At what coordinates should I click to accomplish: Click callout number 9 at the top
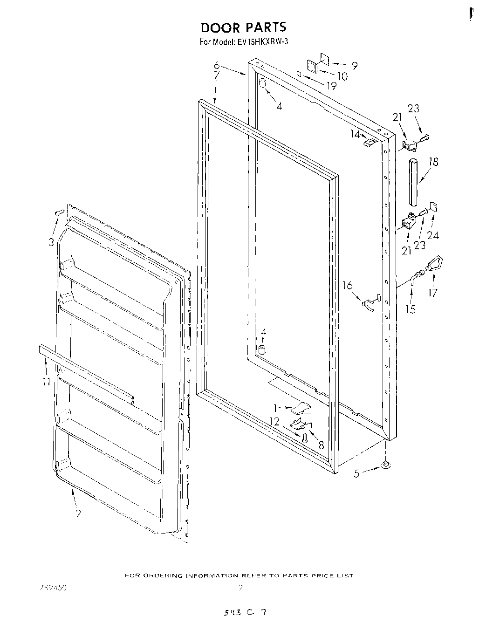click(355, 66)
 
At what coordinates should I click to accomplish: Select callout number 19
click(331, 86)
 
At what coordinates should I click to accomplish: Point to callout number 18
click(434, 162)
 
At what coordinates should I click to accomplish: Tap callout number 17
click(433, 293)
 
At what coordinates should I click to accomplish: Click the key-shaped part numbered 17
click(434, 265)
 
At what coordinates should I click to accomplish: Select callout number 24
click(433, 235)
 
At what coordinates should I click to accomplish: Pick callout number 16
click(348, 286)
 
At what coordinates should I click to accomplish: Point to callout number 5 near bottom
click(356, 474)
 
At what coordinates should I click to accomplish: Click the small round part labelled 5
click(385, 464)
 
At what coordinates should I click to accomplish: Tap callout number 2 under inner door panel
click(78, 513)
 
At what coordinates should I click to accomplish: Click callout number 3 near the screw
click(51, 242)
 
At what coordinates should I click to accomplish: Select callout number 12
click(274, 422)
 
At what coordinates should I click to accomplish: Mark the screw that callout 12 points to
click(304, 438)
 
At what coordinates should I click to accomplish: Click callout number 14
click(356, 134)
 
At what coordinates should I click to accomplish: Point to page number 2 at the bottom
click(240, 588)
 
